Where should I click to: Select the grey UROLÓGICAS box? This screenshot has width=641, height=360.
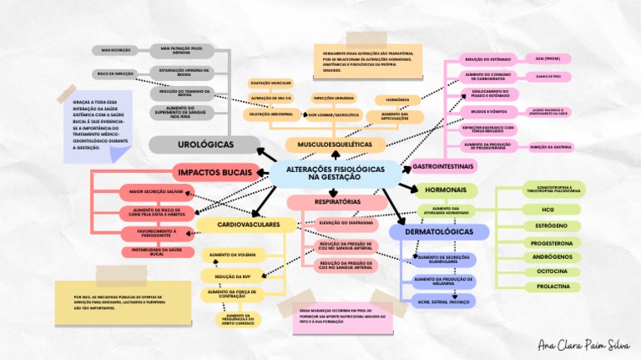[x=205, y=145]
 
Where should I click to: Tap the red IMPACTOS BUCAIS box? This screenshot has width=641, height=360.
[x=215, y=173]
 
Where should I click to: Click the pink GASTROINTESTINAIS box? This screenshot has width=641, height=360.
[x=444, y=167]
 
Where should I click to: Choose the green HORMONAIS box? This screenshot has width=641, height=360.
[x=440, y=190]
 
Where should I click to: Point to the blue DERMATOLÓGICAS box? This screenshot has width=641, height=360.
[x=439, y=231]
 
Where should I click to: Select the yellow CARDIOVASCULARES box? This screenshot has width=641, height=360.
[x=248, y=225]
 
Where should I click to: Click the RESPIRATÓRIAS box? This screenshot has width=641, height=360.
[x=337, y=202]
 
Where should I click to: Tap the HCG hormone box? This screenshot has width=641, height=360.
[x=548, y=210]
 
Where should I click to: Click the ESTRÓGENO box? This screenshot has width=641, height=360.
[x=548, y=226]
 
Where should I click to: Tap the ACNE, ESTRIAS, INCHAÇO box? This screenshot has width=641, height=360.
[x=446, y=301]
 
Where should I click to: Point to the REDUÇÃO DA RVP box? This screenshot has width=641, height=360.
[x=232, y=276]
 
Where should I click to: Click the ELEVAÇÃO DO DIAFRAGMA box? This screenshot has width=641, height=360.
[x=345, y=222]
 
